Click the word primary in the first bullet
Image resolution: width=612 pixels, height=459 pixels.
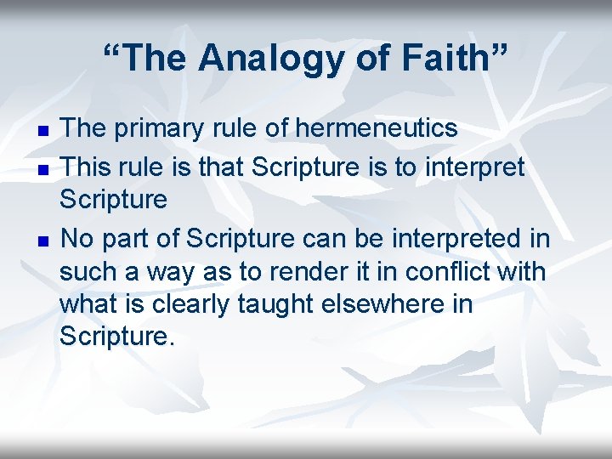pos(161,128)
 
